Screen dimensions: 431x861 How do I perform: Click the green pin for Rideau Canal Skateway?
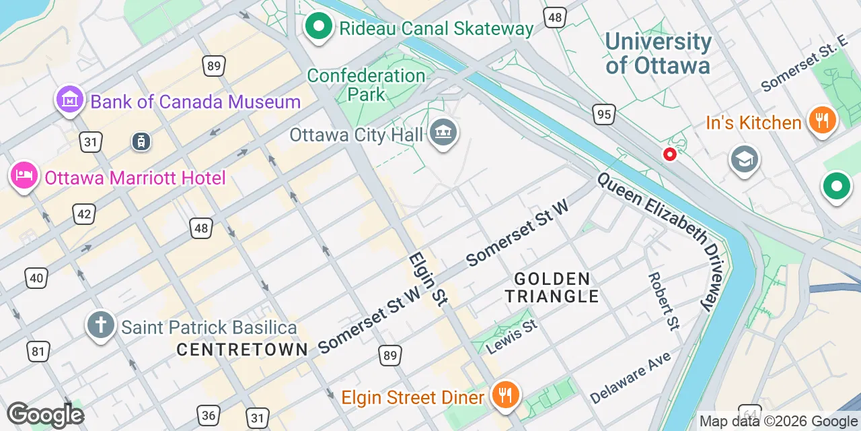[x=319, y=27]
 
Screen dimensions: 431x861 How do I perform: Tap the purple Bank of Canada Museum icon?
[x=70, y=101]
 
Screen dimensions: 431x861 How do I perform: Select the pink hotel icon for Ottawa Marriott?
[x=24, y=176]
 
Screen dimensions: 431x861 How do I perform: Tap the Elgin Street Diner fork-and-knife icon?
[x=504, y=395]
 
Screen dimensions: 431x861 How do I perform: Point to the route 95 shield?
[x=604, y=114]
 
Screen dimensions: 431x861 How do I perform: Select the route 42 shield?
[x=84, y=214]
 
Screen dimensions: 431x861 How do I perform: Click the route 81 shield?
[x=38, y=351]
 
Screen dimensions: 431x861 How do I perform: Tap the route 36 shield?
[x=208, y=416]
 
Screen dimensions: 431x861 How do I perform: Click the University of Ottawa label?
[x=658, y=54]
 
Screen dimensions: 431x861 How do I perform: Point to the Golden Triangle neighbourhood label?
[x=552, y=288]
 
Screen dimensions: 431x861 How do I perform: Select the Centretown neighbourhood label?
[x=242, y=350]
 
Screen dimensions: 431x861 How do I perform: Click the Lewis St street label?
[x=511, y=337]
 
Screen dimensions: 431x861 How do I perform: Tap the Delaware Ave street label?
[x=630, y=380]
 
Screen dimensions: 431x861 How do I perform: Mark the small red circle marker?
[x=670, y=154]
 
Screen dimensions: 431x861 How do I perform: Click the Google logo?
[x=45, y=415]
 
